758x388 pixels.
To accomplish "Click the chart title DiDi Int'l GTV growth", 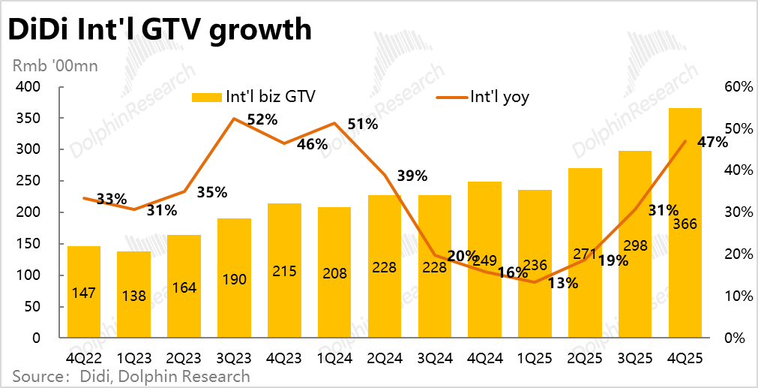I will [x=158, y=29].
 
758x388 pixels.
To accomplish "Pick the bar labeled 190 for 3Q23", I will [x=234, y=278].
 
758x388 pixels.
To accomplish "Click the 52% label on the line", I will [x=262, y=119].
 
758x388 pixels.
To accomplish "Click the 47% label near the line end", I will [x=712, y=142].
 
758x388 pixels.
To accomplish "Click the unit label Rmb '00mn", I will [x=54, y=66].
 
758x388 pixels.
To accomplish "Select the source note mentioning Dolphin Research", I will [x=130, y=376].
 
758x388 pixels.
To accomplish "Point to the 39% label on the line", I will [x=412, y=176].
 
